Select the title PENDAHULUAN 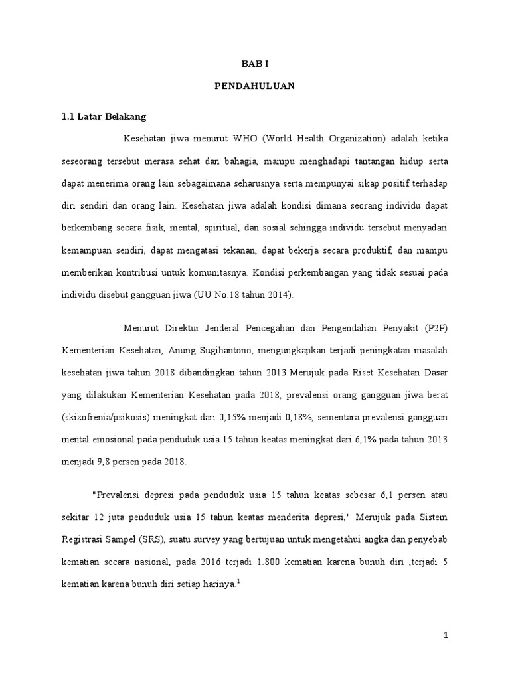coord(255,86)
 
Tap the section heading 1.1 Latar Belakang coord(103,116)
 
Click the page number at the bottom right coord(447,636)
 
